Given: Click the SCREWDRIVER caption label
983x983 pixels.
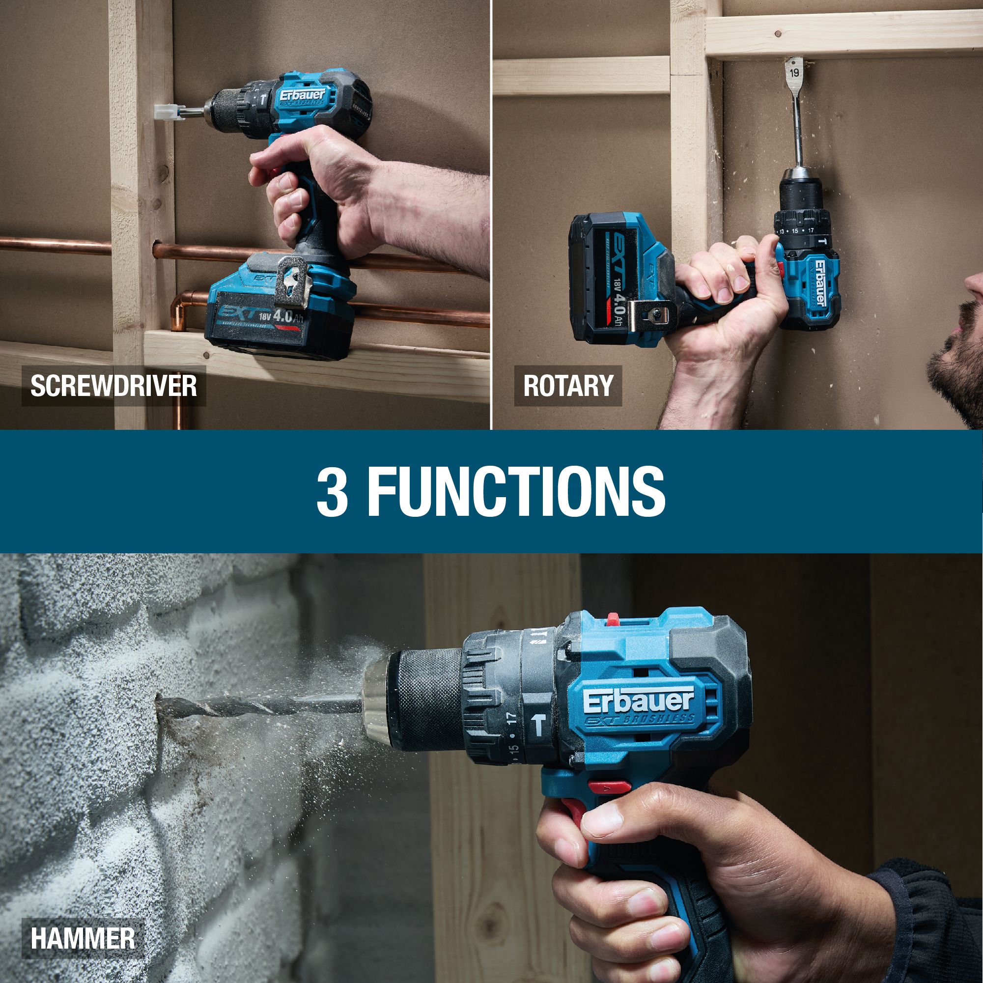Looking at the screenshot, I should tap(113, 386).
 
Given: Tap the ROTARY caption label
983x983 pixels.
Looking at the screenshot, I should tap(567, 386).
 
